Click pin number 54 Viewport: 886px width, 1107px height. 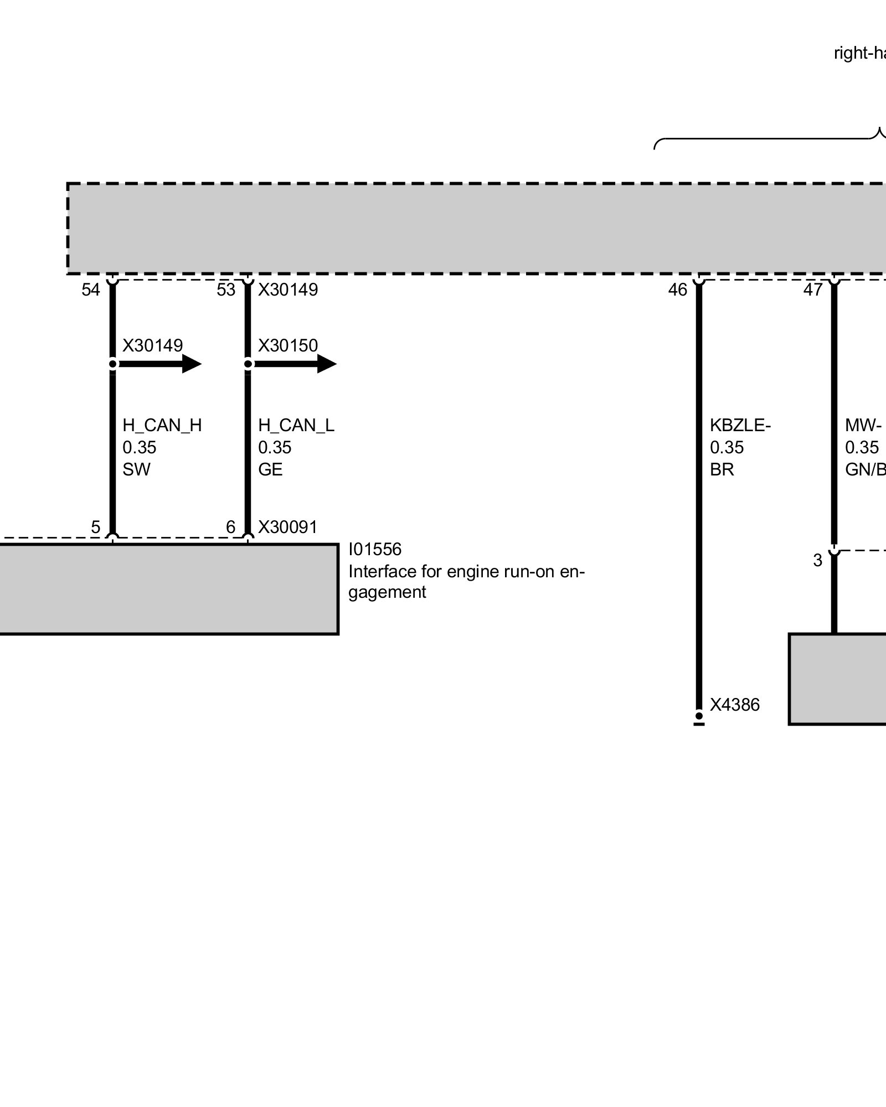pos(91,289)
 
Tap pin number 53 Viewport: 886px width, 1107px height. pos(226,289)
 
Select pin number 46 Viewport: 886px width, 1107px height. pos(678,289)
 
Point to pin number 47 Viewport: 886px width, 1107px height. pos(813,289)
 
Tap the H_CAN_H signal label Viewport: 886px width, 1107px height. pos(162,425)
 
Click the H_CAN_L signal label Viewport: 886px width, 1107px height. pos(296,425)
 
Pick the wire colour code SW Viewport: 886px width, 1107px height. pos(136,469)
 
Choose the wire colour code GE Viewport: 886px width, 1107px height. pos(270,469)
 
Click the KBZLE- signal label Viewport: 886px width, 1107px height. pos(740,425)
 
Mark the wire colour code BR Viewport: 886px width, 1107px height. pos(722,469)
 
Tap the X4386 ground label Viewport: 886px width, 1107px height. pos(735,705)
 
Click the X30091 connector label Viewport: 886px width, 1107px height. pos(288,527)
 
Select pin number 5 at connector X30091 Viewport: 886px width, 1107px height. pos(96,527)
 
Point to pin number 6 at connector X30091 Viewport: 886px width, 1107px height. pos(231,527)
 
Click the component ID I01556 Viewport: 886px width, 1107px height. pos(375,549)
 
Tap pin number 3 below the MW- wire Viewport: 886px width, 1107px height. pos(817,560)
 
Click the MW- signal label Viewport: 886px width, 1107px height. pos(863,425)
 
